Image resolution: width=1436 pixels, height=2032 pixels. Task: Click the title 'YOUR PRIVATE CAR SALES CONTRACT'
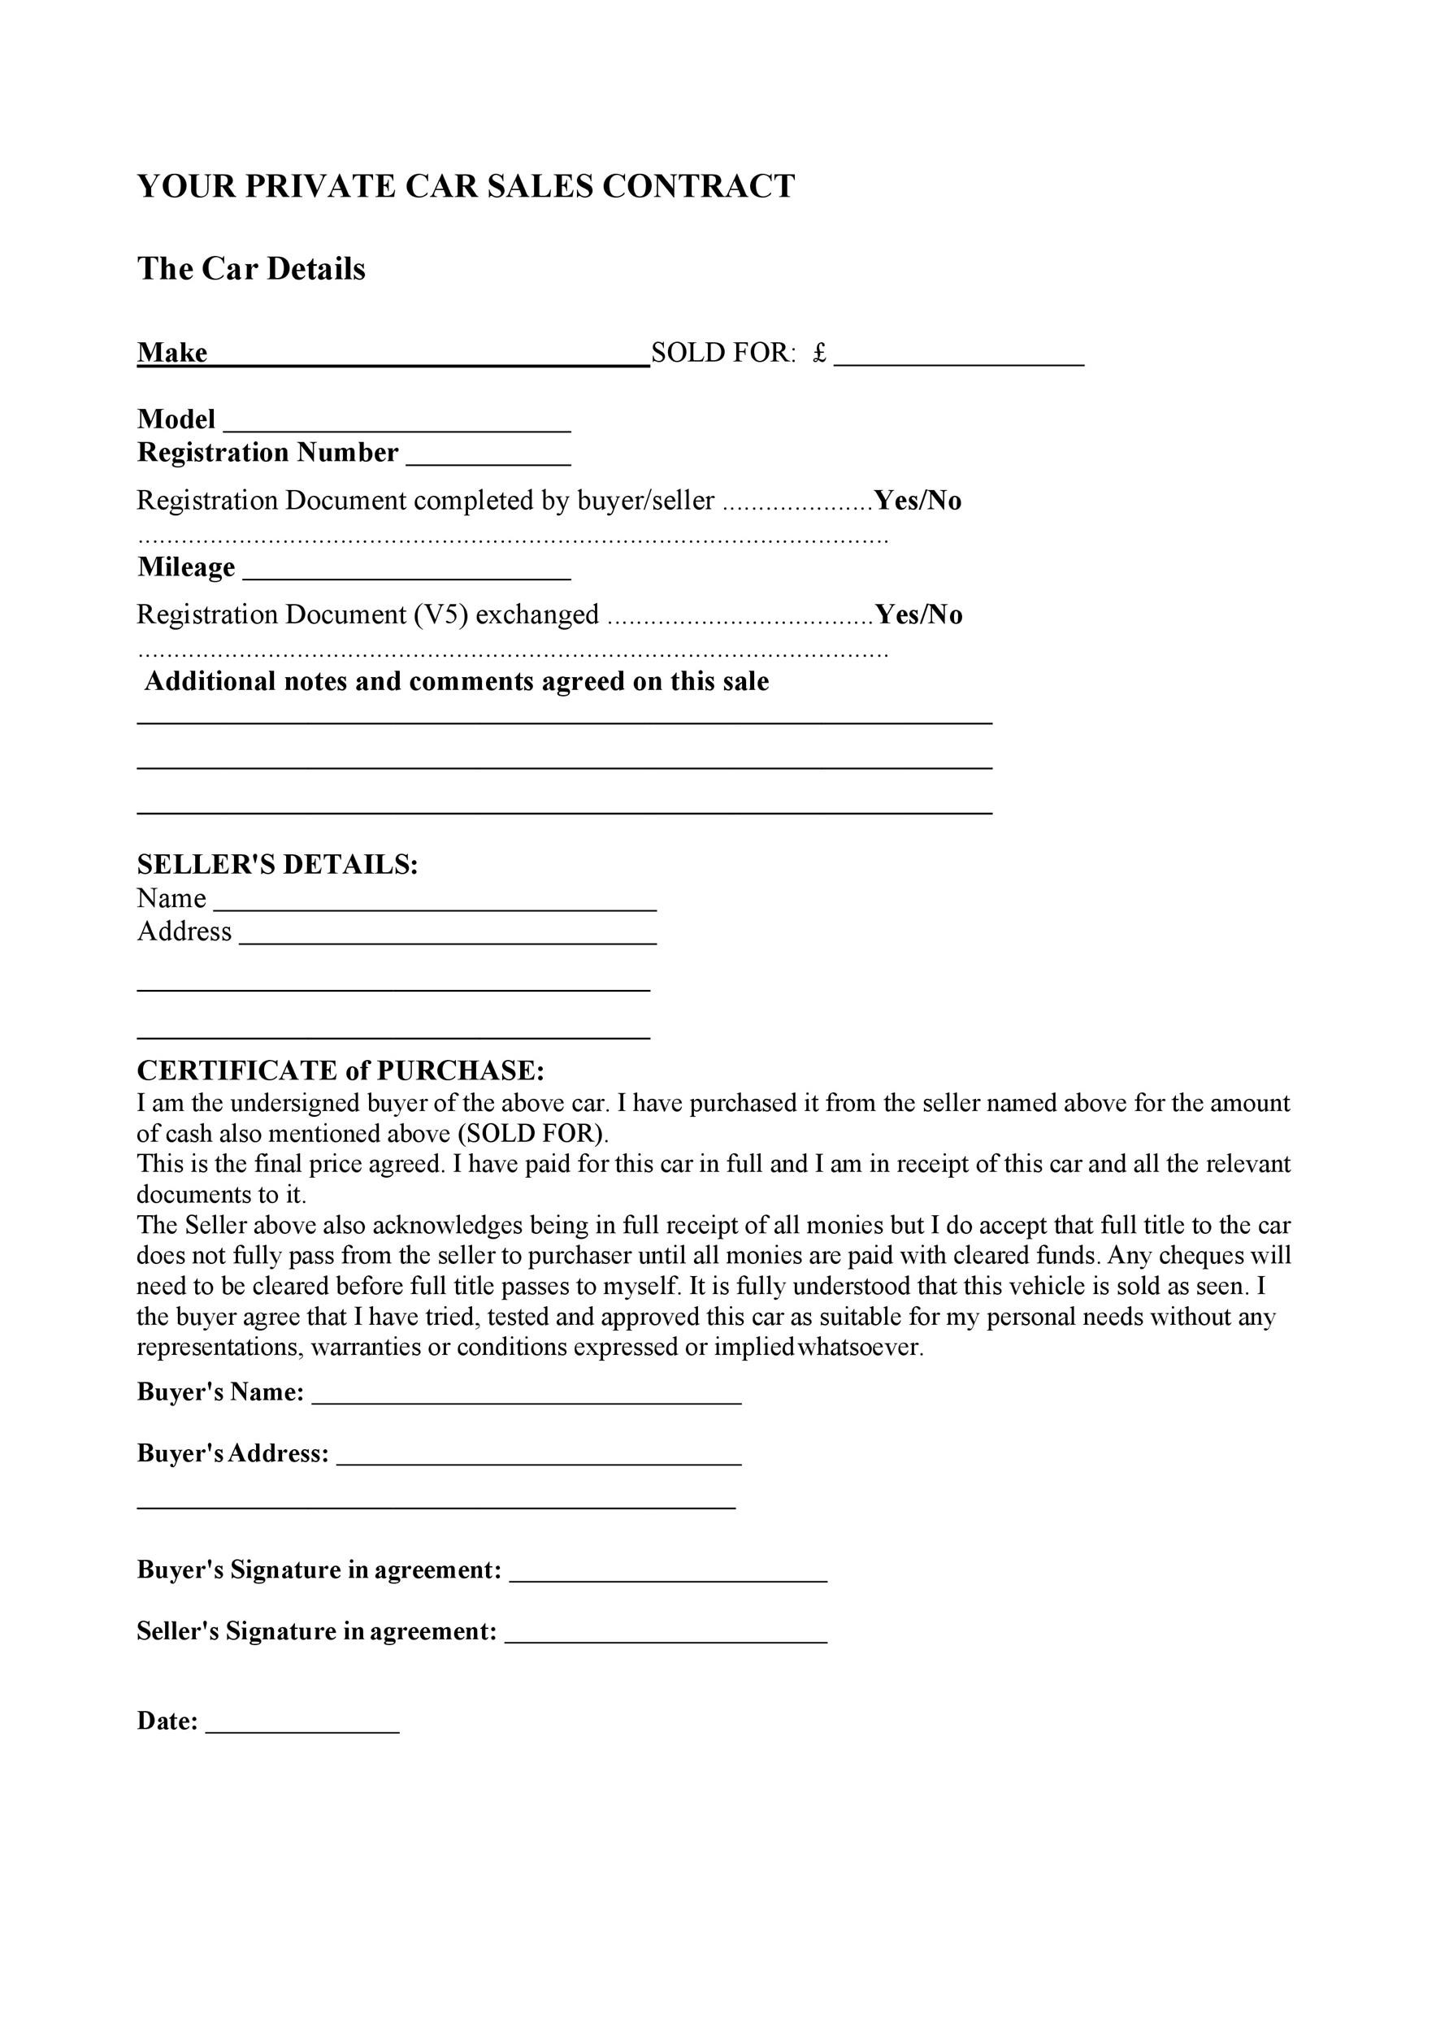pos(466,187)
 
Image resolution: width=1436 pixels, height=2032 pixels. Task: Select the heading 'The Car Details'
pos(250,269)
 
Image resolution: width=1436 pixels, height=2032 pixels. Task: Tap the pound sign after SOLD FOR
pos(819,353)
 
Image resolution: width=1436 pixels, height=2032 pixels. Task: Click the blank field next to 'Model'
pos(397,423)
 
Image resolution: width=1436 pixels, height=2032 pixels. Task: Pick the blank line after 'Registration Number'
pos(488,457)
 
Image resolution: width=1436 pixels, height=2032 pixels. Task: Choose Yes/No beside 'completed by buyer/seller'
pos(918,501)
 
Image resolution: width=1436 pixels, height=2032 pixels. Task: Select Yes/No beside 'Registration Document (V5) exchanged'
pos(918,615)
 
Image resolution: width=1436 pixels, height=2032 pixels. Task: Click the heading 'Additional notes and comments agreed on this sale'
pos(457,681)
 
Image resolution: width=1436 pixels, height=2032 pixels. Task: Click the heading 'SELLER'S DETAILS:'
pos(277,865)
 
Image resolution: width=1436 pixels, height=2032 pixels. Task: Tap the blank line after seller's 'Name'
pos(435,903)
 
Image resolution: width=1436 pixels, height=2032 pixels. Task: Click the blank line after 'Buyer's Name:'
pos(527,1396)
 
